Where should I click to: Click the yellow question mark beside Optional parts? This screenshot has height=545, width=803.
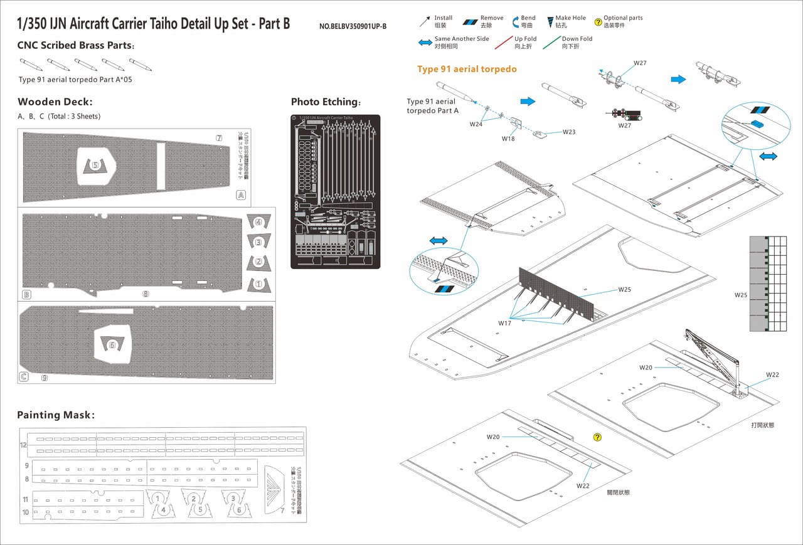click(598, 21)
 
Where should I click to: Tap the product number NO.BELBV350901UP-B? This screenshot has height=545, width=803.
click(353, 26)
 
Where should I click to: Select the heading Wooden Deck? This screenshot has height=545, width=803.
click(55, 102)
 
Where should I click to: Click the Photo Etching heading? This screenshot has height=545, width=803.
click(326, 102)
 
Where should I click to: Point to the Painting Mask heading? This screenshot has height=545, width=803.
click(56, 415)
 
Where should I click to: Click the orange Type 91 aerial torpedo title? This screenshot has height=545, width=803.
click(467, 69)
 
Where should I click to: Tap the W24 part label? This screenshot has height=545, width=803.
click(476, 124)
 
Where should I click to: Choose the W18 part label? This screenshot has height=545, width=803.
click(508, 139)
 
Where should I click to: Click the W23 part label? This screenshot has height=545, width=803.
click(568, 132)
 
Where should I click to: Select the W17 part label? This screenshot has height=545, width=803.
click(505, 323)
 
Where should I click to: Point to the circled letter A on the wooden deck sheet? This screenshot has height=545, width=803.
click(240, 195)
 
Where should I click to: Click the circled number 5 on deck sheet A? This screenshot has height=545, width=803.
click(95, 166)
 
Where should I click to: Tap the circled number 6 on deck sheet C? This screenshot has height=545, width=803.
click(112, 344)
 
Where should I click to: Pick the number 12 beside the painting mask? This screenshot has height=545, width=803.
click(23, 445)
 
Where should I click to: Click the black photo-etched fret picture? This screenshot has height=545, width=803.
click(335, 191)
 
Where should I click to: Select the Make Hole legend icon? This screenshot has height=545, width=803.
click(550, 22)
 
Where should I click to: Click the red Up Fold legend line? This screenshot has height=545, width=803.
click(504, 43)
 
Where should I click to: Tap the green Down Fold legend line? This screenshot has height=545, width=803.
click(551, 43)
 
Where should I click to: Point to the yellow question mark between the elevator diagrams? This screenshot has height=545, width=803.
click(597, 437)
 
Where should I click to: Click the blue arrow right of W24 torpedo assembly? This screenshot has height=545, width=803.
click(528, 101)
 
